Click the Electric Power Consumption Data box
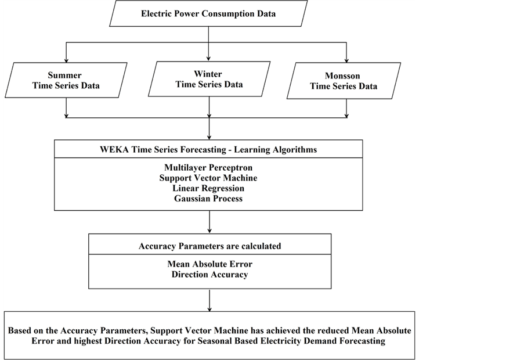coord(209,13)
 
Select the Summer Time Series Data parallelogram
coord(67,80)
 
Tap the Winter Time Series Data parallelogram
coord(209,79)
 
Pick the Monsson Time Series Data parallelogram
coord(344,81)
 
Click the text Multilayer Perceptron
coord(208,167)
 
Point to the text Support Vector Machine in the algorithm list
coord(208,178)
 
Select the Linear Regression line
coord(208,188)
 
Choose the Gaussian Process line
coord(208,199)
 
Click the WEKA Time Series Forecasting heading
coord(208,149)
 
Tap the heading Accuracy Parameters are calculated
coord(209,246)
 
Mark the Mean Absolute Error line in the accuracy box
coord(209,264)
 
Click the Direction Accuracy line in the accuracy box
coord(209,275)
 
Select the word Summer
coord(64,75)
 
